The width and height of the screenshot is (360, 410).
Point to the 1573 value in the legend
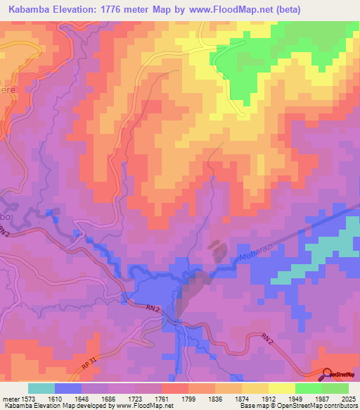27,398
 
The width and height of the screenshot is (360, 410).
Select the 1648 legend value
82,398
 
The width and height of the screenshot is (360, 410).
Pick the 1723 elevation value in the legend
135,398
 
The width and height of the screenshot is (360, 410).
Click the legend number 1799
188,398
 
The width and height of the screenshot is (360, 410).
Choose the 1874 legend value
242,398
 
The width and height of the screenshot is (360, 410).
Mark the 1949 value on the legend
295,398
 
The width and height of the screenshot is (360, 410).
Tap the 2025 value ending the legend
349,398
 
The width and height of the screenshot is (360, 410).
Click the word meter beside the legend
9,398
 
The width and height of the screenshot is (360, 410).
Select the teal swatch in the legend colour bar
41,388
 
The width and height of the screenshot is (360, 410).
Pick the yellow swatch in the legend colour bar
281,388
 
